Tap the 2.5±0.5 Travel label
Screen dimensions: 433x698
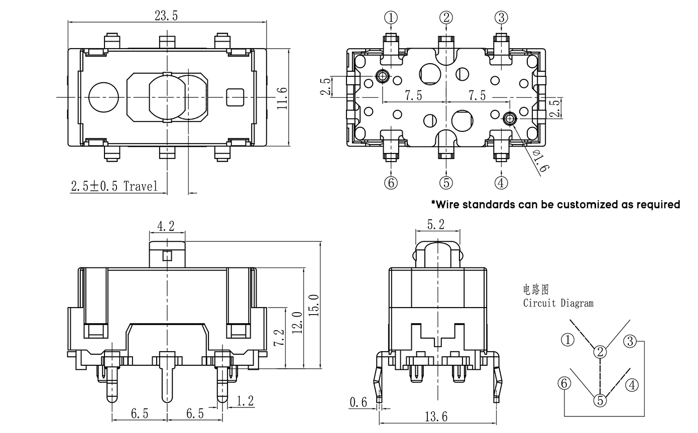pyautogui.click(x=114, y=187)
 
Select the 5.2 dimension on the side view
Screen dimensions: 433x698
pyautogui.click(x=435, y=225)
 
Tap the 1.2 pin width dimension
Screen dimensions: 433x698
pyautogui.click(x=246, y=400)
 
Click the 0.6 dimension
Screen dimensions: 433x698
pyautogui.click(x=359, y=401)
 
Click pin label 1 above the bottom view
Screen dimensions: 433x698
pyautogui.click(x=391, y=18)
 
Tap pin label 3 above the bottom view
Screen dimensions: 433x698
pyautogui.click(x=501, y=18)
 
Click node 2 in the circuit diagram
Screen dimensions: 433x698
pyautogui.click(x=600, y=352)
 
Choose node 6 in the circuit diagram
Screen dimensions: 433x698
pyautogui.click(x=564, y=383)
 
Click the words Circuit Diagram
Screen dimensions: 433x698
pyautogui.click(x=558, y=303)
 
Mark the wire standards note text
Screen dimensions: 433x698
pyautogui.click(x=555, y=204)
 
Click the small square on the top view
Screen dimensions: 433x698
pyautogui.click(x=235, y=97)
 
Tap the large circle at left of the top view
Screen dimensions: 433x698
pyautogui.click(x=103, y=97)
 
